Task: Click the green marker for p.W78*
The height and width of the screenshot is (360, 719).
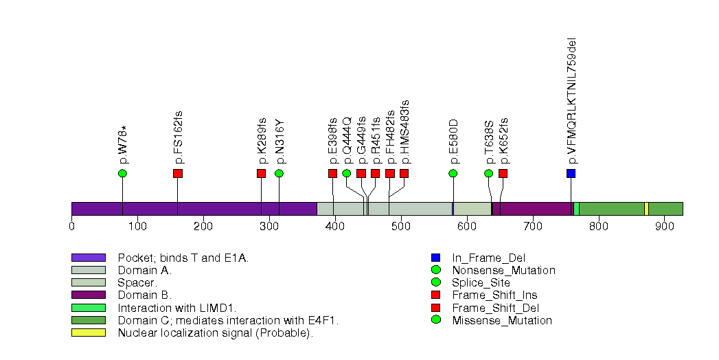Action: click(122, 173)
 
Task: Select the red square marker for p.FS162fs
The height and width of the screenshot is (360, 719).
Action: click(178, 173)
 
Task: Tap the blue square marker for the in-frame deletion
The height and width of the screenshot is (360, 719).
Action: click(571, 173)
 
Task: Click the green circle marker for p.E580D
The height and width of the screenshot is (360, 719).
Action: click(453, 173)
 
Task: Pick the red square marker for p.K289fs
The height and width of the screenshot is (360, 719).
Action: click(261, 173)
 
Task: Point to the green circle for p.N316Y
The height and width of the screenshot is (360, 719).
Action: click(279, 173)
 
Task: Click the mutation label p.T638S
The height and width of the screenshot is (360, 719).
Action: click(490, 142)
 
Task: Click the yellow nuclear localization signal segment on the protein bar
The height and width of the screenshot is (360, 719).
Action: click(646, 209)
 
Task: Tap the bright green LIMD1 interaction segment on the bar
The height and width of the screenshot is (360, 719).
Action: click(576, 209)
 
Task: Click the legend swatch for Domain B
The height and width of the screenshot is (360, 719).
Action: click(88, 295)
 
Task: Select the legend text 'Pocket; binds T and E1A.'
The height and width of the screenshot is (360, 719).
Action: click(183, 258)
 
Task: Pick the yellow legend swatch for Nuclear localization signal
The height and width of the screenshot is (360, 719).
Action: click(88, 333)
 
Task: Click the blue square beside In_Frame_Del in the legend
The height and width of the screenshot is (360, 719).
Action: click(435, 258)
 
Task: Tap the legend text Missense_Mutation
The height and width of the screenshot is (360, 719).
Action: click(502, 320)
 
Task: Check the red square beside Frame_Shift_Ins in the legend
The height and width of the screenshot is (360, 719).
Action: click(435, 295)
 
